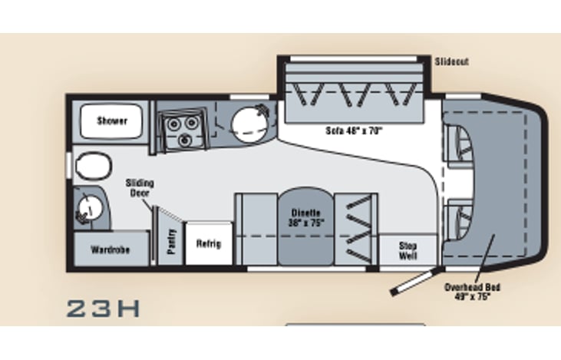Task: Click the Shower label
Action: tap(112, 121)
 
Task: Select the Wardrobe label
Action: tap(108, 249)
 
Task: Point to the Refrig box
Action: tap(208, 243)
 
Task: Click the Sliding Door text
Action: tap(140, 188)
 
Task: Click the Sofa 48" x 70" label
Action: tap(354, 130)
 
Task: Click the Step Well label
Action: tap(408, 250)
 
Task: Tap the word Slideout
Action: tap(451, 61)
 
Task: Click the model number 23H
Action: tap(104, 309)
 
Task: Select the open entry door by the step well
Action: tap(412, 281)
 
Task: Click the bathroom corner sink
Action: tap(89, 206)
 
